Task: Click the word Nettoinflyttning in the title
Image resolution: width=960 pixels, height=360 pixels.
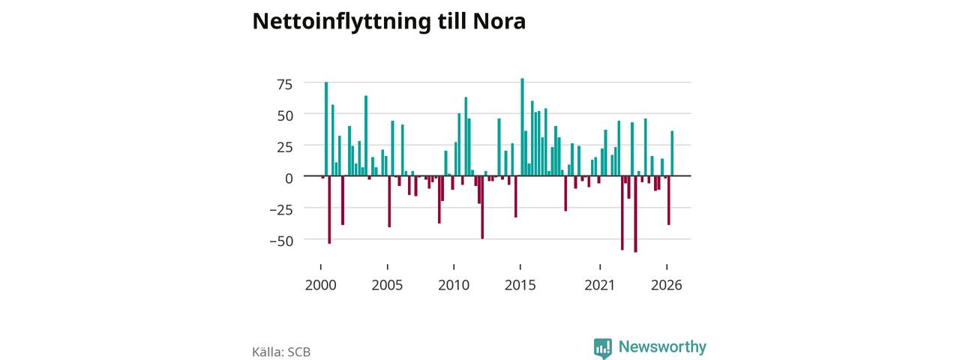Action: tap(341, 22)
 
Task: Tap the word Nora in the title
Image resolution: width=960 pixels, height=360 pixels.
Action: tap(499, 21)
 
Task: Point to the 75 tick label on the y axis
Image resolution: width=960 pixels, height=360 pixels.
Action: tap(285, 85)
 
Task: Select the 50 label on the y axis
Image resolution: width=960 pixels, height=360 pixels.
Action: tap(285, 115)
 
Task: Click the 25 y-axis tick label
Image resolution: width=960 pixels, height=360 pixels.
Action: tap(285, 148)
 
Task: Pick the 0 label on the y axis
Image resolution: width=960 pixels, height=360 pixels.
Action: tap(289, 178)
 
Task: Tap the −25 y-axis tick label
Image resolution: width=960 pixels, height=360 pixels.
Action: tap(281, 210)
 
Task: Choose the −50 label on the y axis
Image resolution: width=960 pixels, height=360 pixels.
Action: tap(281, 241)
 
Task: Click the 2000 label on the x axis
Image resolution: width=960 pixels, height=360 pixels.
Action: tap(320, 285)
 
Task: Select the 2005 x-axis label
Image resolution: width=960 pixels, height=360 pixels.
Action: tap(387, 285)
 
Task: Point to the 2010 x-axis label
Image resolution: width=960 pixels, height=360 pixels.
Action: tap(454, 285)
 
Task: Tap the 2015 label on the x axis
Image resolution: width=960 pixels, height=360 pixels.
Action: tap(520, 285)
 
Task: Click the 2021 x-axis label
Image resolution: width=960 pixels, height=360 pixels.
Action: tap(599, 285)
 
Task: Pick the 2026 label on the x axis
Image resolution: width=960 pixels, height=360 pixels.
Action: tap(667, 285)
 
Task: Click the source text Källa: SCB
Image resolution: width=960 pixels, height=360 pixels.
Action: tap(281, 352)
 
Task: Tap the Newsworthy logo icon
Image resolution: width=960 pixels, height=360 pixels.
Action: tap(602, 348)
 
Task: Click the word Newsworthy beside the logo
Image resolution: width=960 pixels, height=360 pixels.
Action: tap(662, 346)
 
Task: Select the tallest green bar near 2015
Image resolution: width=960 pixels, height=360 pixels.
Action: tap(522, 127)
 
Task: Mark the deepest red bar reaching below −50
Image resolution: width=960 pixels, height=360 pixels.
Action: tap(635, 214)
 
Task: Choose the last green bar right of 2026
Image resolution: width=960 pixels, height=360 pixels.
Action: tap(672, 154)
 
